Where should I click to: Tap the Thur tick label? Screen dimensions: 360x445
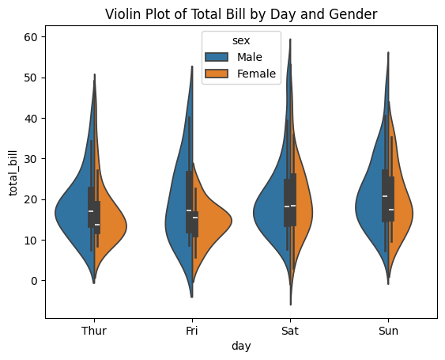(94, 332)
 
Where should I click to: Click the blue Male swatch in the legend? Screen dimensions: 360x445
(217, 57)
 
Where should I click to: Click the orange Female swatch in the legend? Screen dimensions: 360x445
(217, 74)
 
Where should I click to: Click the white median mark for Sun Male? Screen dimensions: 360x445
(385, 196)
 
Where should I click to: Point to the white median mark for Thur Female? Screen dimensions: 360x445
(97, 225)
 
